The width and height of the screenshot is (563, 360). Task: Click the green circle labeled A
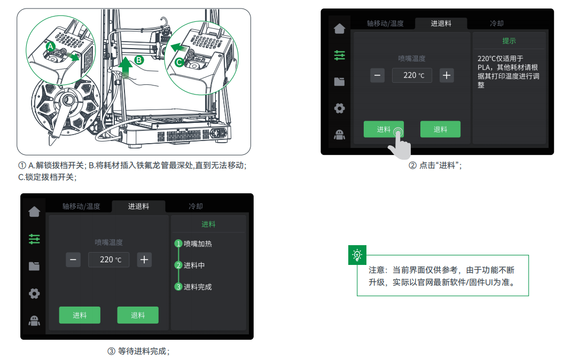pos(50,46)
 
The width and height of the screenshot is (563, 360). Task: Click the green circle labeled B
pos(139,60)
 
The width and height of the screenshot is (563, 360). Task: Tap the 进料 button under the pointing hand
pos(384,129)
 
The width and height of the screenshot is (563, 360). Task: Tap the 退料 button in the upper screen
pos(440,129)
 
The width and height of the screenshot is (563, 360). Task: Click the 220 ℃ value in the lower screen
pos(108,260)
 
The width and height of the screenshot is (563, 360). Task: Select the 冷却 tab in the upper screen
pos(497,24)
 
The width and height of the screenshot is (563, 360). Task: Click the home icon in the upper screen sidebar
pos(339,29)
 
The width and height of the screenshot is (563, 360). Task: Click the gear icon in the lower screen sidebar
pos(34,293)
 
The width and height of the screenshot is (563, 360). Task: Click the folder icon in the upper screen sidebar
pos(339,82)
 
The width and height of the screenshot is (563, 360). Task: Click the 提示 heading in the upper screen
pos(509,41)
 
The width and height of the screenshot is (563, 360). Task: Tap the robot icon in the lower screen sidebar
pos(34,320)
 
